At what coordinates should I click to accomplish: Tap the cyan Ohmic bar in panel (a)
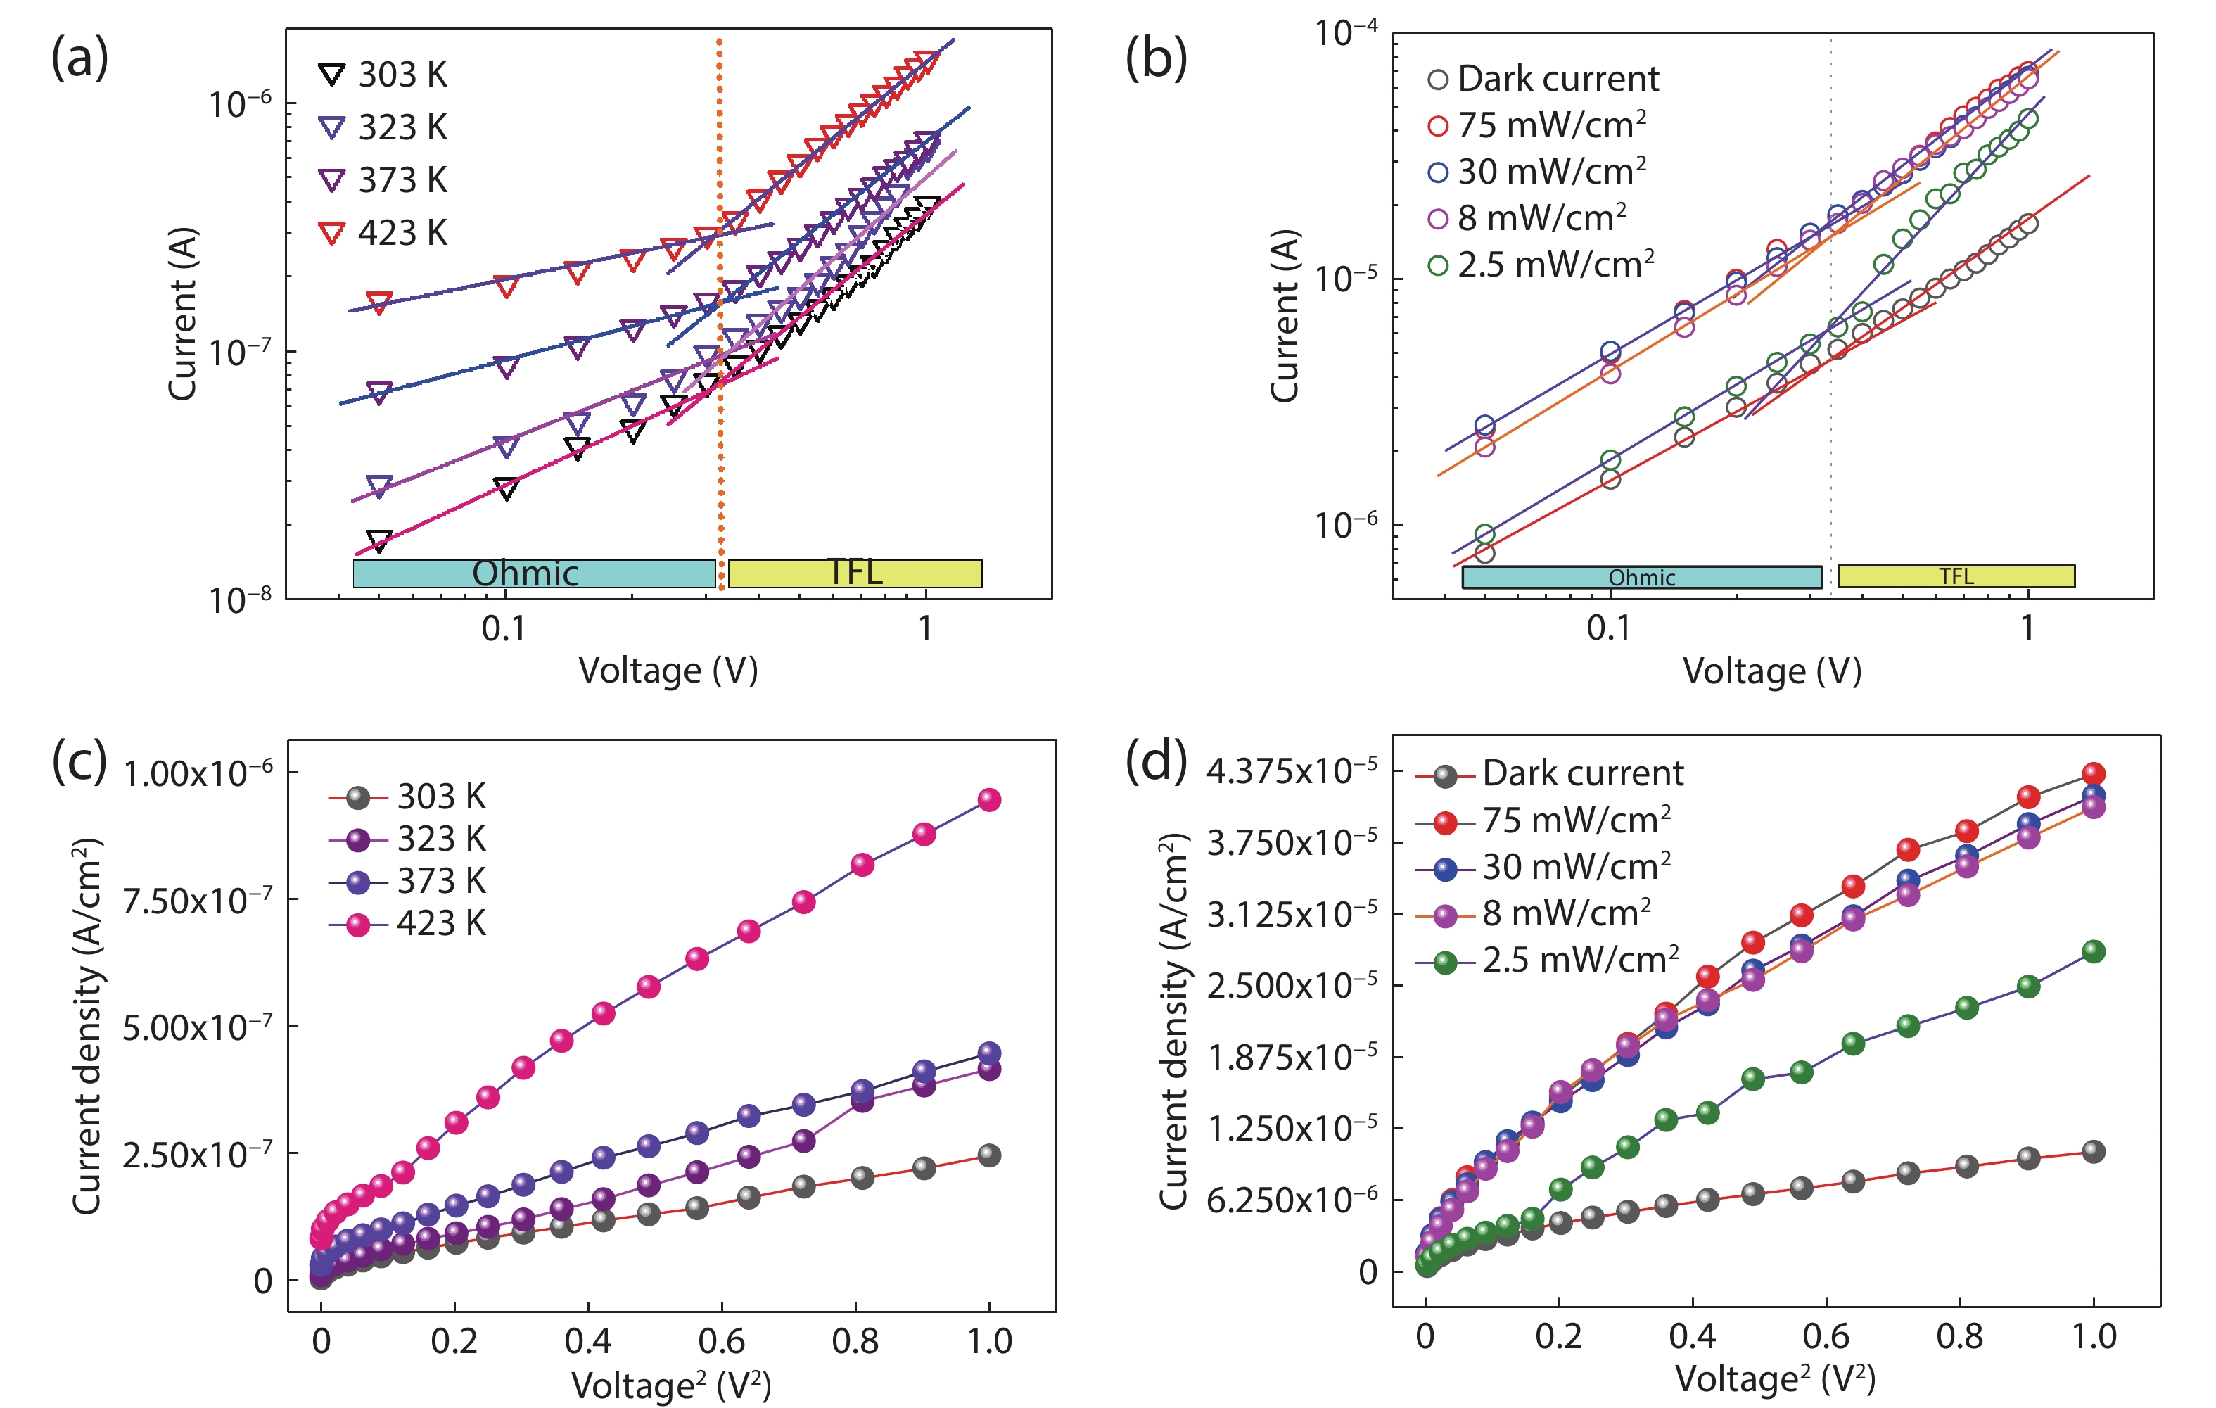pos(534,573)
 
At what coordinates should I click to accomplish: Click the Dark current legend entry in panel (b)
pos(1543,79)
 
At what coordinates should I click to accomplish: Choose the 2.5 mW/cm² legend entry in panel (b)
pos(1541,265)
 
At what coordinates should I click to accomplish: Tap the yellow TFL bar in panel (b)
pos(1956,576)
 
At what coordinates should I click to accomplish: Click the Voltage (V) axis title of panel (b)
pos(1771,671)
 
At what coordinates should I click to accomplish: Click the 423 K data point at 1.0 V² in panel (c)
pos(989,800)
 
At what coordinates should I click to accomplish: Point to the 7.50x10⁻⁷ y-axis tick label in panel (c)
pos(197,900)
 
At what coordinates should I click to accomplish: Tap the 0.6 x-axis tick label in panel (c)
pos(722,1341)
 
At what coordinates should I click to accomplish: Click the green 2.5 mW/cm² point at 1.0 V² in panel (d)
pos(2094,951)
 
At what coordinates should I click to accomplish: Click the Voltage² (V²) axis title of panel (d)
pos(1774,1378)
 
